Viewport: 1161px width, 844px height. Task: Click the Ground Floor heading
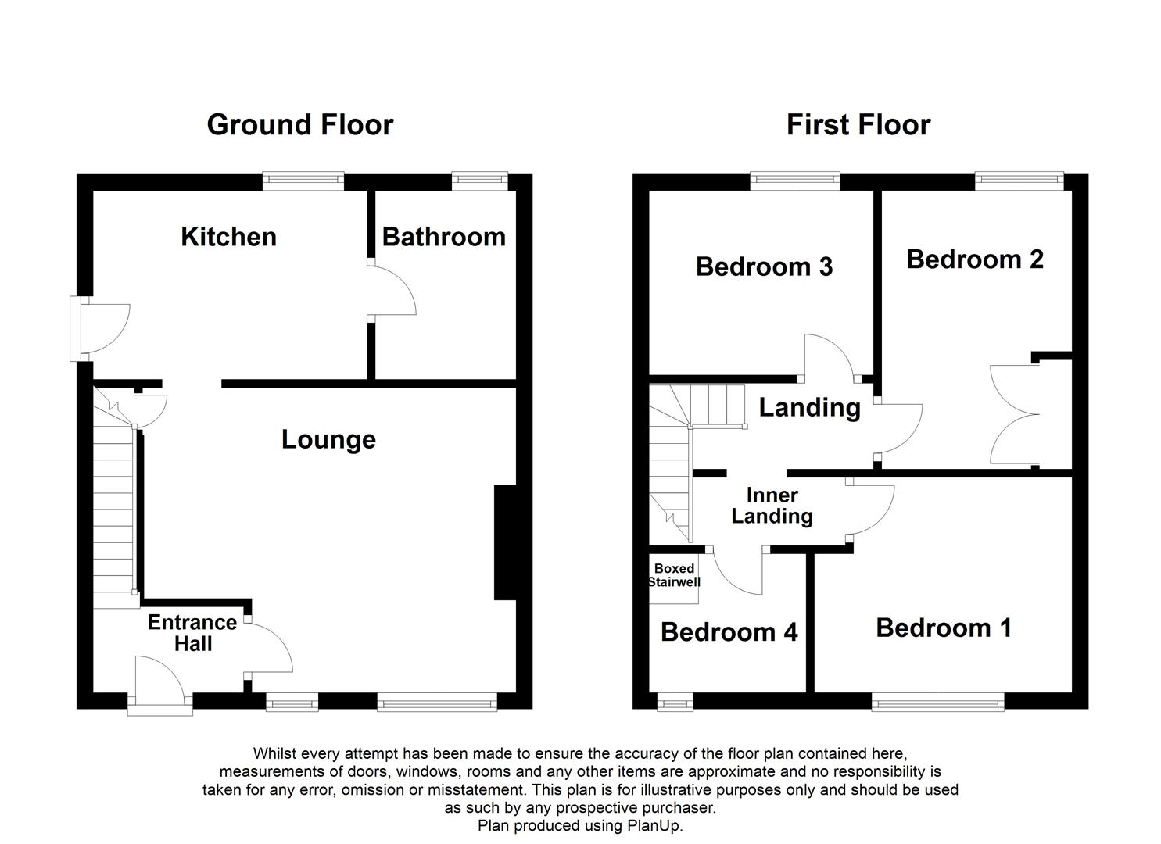(x=300, y=125)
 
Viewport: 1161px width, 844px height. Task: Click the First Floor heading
(x=858, y=125)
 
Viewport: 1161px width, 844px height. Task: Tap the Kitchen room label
(x=228, y=237)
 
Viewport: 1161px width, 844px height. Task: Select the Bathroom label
(x=443, y=237)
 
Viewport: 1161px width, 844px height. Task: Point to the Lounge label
(x=328, y=440)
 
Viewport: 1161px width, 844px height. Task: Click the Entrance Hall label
(x=192, y=633)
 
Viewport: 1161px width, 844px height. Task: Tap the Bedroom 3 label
(x=764, y=266)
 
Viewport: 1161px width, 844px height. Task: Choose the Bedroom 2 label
(x=975, y=259)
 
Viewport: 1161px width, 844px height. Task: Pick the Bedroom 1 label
(x=944, y=628)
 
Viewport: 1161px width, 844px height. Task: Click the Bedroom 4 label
(x=729, y=632)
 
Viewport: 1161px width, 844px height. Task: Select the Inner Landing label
(x=772, y=506)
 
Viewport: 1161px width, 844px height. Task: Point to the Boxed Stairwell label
(x=674, y=575)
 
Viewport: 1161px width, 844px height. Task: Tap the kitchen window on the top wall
(x=303, y=181)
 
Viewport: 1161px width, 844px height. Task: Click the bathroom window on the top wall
(x=480, y=181)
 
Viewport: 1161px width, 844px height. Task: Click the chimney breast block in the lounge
(x=505, y=542)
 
